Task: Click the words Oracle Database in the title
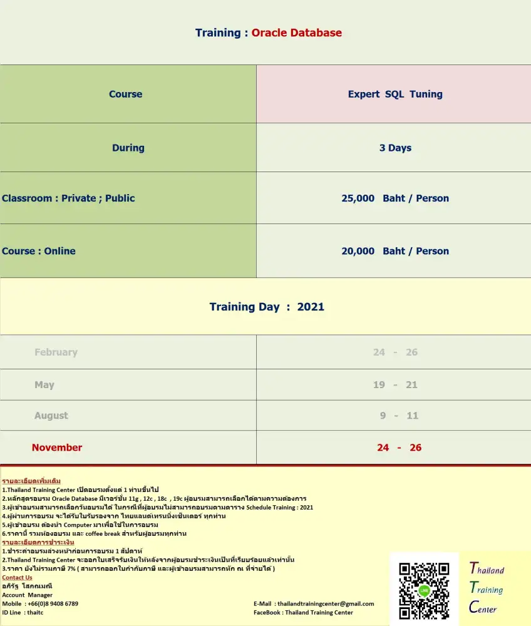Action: (296, 33)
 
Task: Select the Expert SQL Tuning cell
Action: (394, 94)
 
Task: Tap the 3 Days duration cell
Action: (394, 148)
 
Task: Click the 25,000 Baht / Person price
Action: (394, 198)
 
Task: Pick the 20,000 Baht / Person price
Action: (394, 251)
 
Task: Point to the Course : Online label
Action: (39, 251)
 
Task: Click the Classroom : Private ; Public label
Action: (68, 198)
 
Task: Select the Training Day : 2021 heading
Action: (267, 307)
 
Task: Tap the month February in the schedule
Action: (56, 352)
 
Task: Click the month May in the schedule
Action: (44, 384)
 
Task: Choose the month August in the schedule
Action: (51, 416)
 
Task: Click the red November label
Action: (56, 448)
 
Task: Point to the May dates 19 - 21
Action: (394, 384)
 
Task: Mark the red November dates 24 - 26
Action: (399, 448)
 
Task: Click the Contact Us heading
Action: (17, 577)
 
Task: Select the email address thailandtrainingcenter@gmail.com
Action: (325, 603)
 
